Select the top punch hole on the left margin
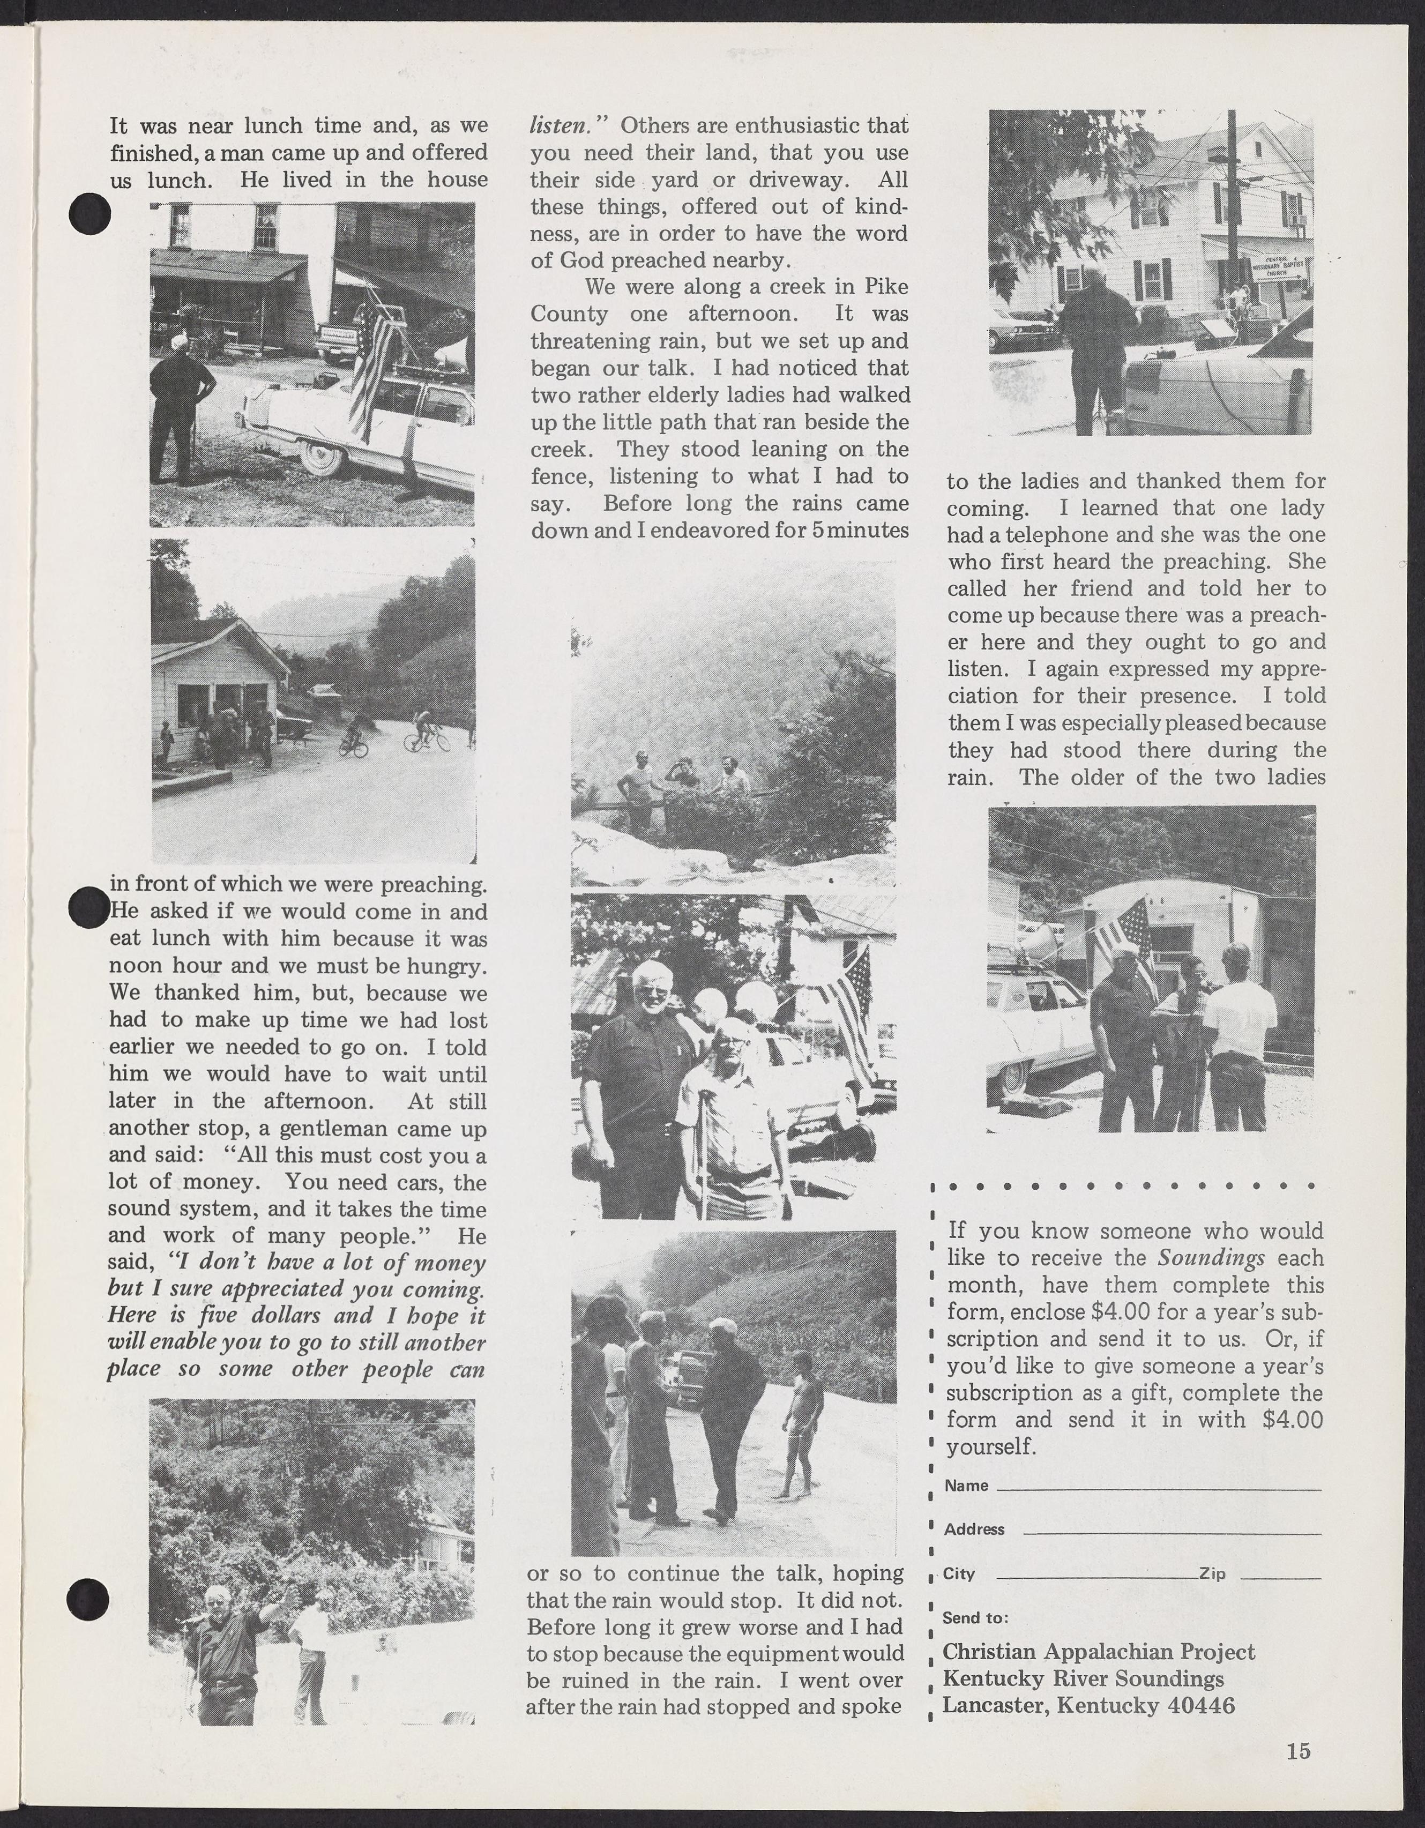(x=89, y=215)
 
